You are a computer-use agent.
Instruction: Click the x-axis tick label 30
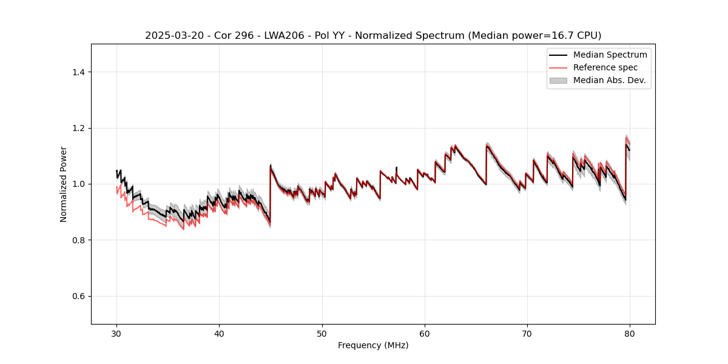pyautogui.click(x=117, y=334)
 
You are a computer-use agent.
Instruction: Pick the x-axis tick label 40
pyautogui.click(x=220, y=334)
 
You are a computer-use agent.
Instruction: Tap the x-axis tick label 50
pyautogui.click(x=322, y=334)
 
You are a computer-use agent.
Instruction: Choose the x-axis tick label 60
pyautogui.click(x=425, y=334)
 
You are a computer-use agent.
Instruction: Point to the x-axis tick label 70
pyautogui.click(x=527, y=334)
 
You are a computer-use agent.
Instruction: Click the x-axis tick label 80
pyautogui.click(x=630, y=334)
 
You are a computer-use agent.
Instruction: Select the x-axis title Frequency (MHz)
pyautogui.click(x=373, y=345)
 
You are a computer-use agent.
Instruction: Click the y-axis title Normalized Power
pyautogui.click(x=64, y=184)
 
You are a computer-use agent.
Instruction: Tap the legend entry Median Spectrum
pyautogui.click(x=610, y=55)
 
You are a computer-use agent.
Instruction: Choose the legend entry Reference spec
pyautogui.click(x=605, y=67)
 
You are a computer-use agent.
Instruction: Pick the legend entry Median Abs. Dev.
pyautogui.click(x=609, y=80)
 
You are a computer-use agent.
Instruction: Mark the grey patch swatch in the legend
pyautogui.click(x=558, y=80)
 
